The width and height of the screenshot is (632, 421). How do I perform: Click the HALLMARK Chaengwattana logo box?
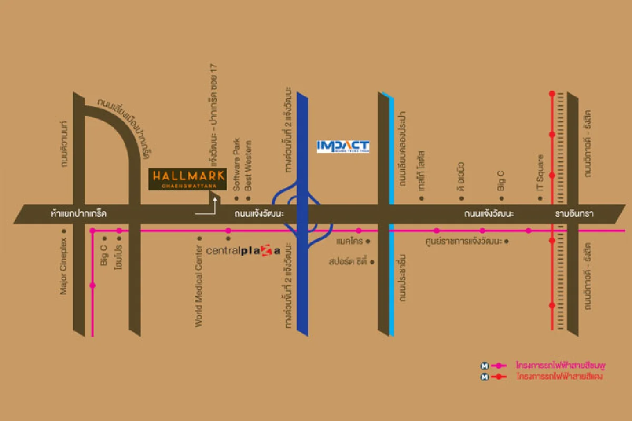tap(187, 179)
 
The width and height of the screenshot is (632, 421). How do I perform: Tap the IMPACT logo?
tap(343, 146)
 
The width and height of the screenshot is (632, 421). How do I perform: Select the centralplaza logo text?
tap(243, 250)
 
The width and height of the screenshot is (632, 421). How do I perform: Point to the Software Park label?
tap(237, 164)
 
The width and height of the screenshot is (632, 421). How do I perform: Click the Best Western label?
tap(249, 164)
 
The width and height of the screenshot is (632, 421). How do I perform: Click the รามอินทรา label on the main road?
tap(574, 214)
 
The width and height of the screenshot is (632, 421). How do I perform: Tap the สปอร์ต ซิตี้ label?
tap(348, 261)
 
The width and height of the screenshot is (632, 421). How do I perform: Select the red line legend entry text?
tap(559, 377)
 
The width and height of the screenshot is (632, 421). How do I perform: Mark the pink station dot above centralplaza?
tap(228, 231)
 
